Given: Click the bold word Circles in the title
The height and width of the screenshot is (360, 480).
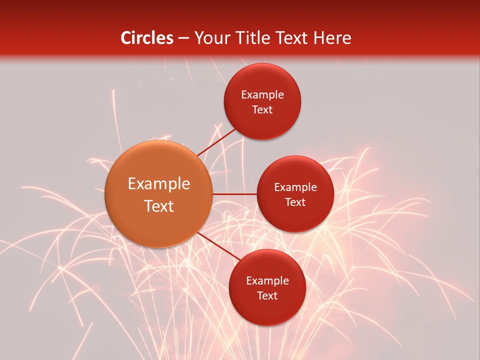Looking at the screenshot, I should coord(146,38).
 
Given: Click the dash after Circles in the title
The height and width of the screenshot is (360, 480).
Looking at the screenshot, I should coord(183,38).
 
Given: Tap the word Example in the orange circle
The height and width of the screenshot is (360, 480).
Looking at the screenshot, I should coord(159,184).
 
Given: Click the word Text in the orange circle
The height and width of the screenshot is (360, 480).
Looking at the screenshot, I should coord(159,206).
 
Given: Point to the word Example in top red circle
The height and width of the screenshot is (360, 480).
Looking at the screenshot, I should coord(262,95).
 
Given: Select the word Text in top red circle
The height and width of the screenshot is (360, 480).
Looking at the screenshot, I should coord(262,110).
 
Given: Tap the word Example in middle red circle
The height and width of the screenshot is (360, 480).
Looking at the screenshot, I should coord(295,187).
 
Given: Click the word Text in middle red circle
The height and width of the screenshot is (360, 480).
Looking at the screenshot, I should coord(295,202).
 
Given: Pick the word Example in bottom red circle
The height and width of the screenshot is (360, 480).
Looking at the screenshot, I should coord(267,281).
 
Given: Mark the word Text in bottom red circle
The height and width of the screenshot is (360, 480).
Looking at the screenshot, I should coord(267,296).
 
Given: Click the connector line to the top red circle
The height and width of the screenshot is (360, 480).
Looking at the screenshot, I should coord(217,141).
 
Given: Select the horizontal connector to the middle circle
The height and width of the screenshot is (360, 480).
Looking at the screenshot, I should coord(234,194).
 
